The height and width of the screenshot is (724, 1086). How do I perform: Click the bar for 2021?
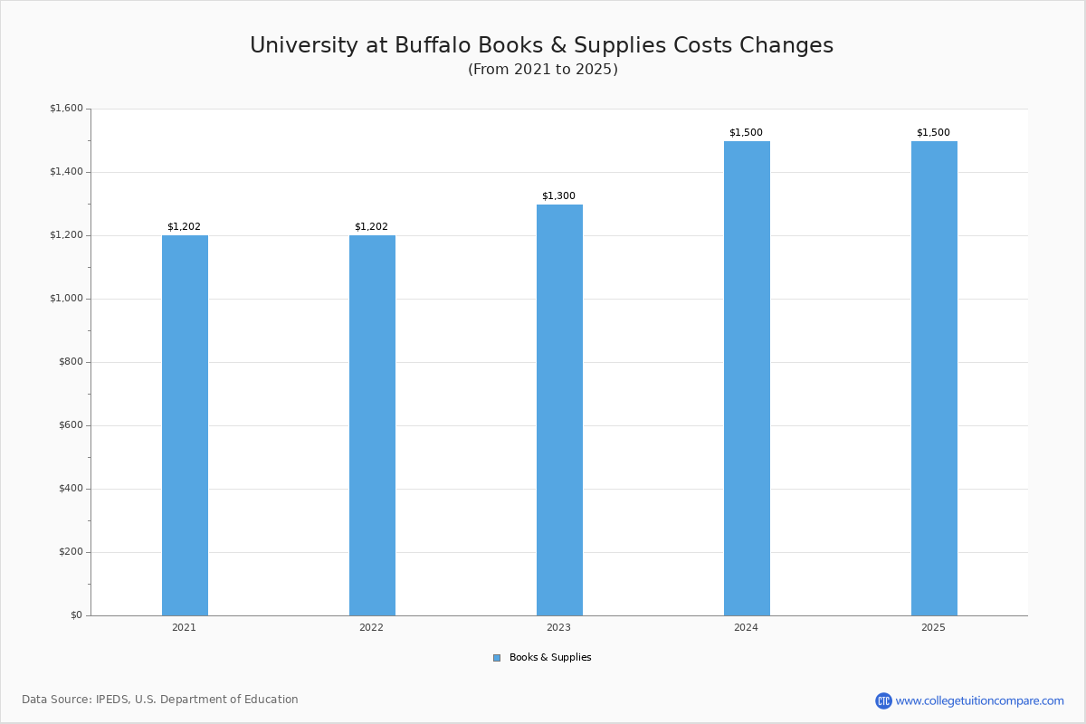(185, 425)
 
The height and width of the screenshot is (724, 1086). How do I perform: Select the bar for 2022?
(372, 425)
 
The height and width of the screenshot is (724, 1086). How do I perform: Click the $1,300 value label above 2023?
(558, 196)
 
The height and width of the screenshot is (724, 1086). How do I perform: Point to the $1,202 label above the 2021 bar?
(184, 227)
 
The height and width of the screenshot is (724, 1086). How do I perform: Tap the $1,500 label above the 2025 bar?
(933, 133)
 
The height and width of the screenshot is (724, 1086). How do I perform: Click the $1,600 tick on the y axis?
(66, 109)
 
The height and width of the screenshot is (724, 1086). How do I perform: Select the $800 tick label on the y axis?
(69, 362)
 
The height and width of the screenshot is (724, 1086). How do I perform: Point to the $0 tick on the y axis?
(75, 615)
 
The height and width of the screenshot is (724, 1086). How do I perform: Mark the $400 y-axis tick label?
(69, 489)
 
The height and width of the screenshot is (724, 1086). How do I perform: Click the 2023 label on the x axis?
(558, 628)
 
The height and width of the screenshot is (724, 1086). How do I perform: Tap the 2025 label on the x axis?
(933, 628)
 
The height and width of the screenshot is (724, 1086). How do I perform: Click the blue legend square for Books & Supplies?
(497, 658)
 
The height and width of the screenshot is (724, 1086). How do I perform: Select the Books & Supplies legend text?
(550, 658)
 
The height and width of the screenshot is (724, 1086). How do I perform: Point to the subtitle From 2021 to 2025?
(542, 70)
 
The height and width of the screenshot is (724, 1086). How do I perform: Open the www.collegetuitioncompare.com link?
(979, 700)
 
